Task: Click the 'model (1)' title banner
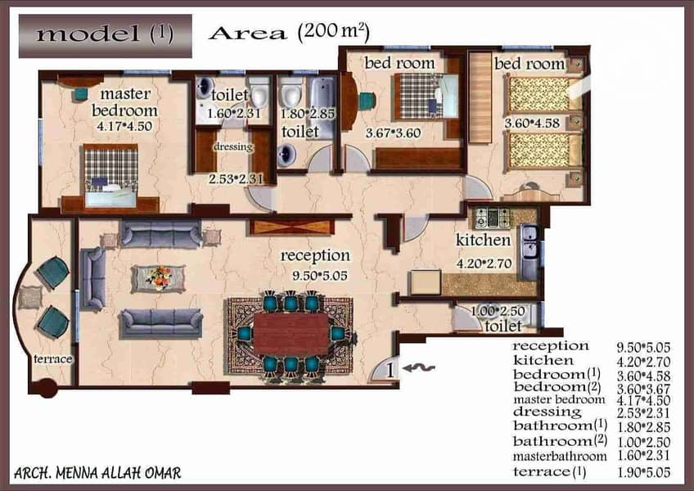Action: pos(106,36)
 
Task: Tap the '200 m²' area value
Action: pos(334,32)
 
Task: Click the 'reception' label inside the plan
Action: pos(315,256)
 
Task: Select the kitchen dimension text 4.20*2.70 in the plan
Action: pos(484,264)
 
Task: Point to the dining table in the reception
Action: pos(291,333)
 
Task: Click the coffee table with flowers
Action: pos(159,278)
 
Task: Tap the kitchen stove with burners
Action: pos(492,218)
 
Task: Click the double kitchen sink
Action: pos(529,251)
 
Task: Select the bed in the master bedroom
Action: pos(110,176)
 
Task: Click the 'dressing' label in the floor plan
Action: pos(232,146)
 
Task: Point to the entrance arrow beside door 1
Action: pos(419,368)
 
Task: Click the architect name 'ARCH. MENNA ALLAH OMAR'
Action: pos(97,473)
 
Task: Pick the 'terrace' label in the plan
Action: pos(52,359)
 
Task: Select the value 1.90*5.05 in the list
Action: pos(643,472)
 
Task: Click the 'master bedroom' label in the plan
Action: pos(125,102)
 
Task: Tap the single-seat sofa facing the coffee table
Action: pos(94,278)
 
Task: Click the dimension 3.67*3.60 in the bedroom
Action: pos(393,133)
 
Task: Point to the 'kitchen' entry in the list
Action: pos(543,361)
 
